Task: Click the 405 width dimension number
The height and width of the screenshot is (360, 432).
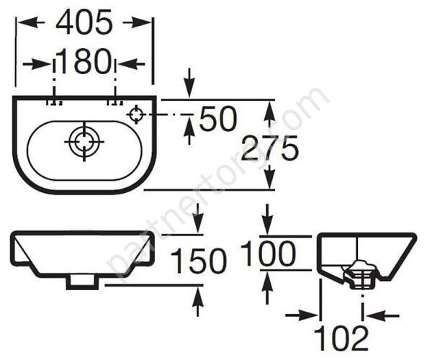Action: pos(84,22)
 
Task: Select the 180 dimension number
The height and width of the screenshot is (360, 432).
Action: pos(85,61)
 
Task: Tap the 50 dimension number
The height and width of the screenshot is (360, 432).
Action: pos(218,119)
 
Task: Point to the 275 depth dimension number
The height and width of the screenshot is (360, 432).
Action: pos(269,148)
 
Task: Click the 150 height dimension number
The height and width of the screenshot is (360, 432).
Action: pos(198,261)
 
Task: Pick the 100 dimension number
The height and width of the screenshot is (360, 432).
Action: pos(268,253)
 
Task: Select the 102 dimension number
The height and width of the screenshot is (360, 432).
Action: pos(341,338)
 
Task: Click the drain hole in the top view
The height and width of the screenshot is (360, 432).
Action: pos(84,142)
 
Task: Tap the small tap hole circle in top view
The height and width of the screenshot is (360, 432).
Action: pos(135,114)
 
